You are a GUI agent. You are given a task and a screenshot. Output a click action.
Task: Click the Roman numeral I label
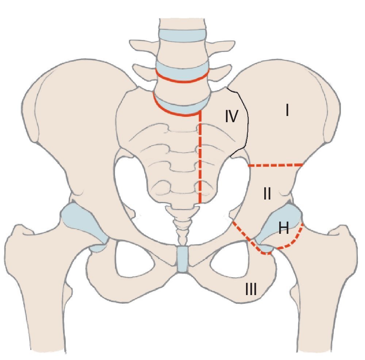pyautogui.click(x=287, y=110)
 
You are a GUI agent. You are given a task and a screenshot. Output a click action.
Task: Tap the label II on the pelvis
pyautogui.click(x=267, y=195)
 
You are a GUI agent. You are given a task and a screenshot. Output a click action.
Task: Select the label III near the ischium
pyautogui.click(x=251, y=290)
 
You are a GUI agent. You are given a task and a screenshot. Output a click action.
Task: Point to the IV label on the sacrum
pyautogui.click(x=231, y=117)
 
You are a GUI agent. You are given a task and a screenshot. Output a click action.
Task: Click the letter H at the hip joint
pyautogui.click(x=284, y=229)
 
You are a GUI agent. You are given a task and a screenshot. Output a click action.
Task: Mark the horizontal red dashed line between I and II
pyautogui.click(x=276, y=165)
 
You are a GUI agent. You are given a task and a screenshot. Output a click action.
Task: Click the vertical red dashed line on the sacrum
pyautogui.click(x=200, y=160)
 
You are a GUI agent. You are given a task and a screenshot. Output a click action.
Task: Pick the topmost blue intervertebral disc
pyautogui.click(x=181, y=35)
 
